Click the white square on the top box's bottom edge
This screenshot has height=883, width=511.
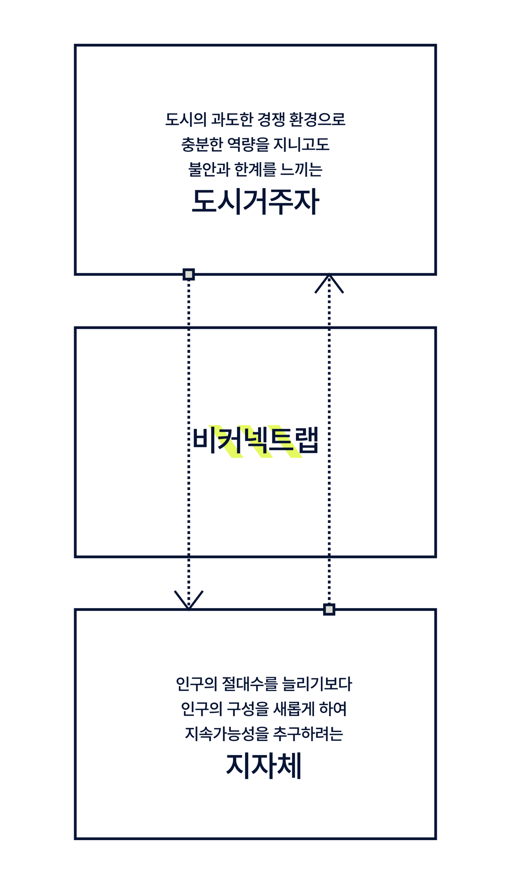click(189, 274)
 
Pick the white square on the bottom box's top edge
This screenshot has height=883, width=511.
click(329, 609)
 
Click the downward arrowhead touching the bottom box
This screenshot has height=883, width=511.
click(189, 601)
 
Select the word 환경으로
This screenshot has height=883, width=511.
click(317, 120)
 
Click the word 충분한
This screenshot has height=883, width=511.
click(202, 145)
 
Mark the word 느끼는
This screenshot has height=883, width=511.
click(301, 170)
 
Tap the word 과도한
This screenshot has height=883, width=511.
click(232, 120)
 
